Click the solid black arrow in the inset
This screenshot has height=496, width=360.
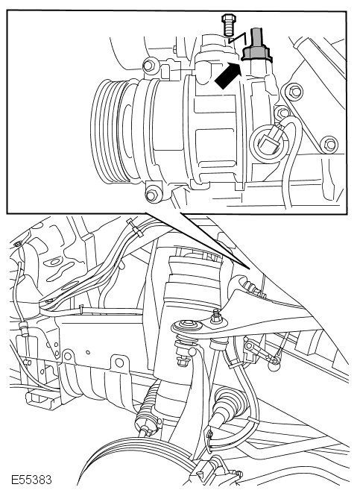pyautogui.click(x=228, y=76)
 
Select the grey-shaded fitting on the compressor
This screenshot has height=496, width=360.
pyautogui.click(x=256, y=45)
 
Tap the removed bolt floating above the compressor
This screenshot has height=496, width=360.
pyautogui.click(x=227, y=25)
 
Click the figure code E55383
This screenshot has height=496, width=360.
pyautogui.click(x=31, y=480)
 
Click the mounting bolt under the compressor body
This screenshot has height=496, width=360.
pyautogui.click(x=152, y=195)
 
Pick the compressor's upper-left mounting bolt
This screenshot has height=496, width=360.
pyautogui.click(x=148, y=66)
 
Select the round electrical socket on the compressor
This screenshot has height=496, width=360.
pyautogui.click(x=269, y=144)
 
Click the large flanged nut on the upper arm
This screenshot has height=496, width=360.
pyautogui.click(x=187, y=326)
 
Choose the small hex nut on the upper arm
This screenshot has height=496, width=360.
pyautogui.click(x=216, y=317)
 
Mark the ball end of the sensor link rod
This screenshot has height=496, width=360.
pyautogui.click(x=274, y=366)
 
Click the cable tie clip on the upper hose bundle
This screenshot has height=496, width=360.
pyautogui.click(x=134, y=227)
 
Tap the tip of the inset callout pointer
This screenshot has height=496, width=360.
pyautogui.click(x=250, y=269)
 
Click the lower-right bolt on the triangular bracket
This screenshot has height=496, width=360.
pyautogui.click(x=329, y=144)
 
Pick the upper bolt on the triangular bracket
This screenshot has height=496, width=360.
pyautogui.click(x=294, y=92)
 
